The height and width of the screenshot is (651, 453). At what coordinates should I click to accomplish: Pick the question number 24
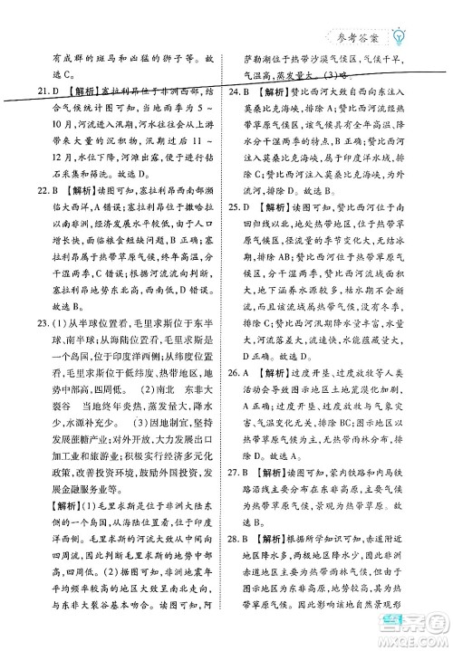tap(240, 93)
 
